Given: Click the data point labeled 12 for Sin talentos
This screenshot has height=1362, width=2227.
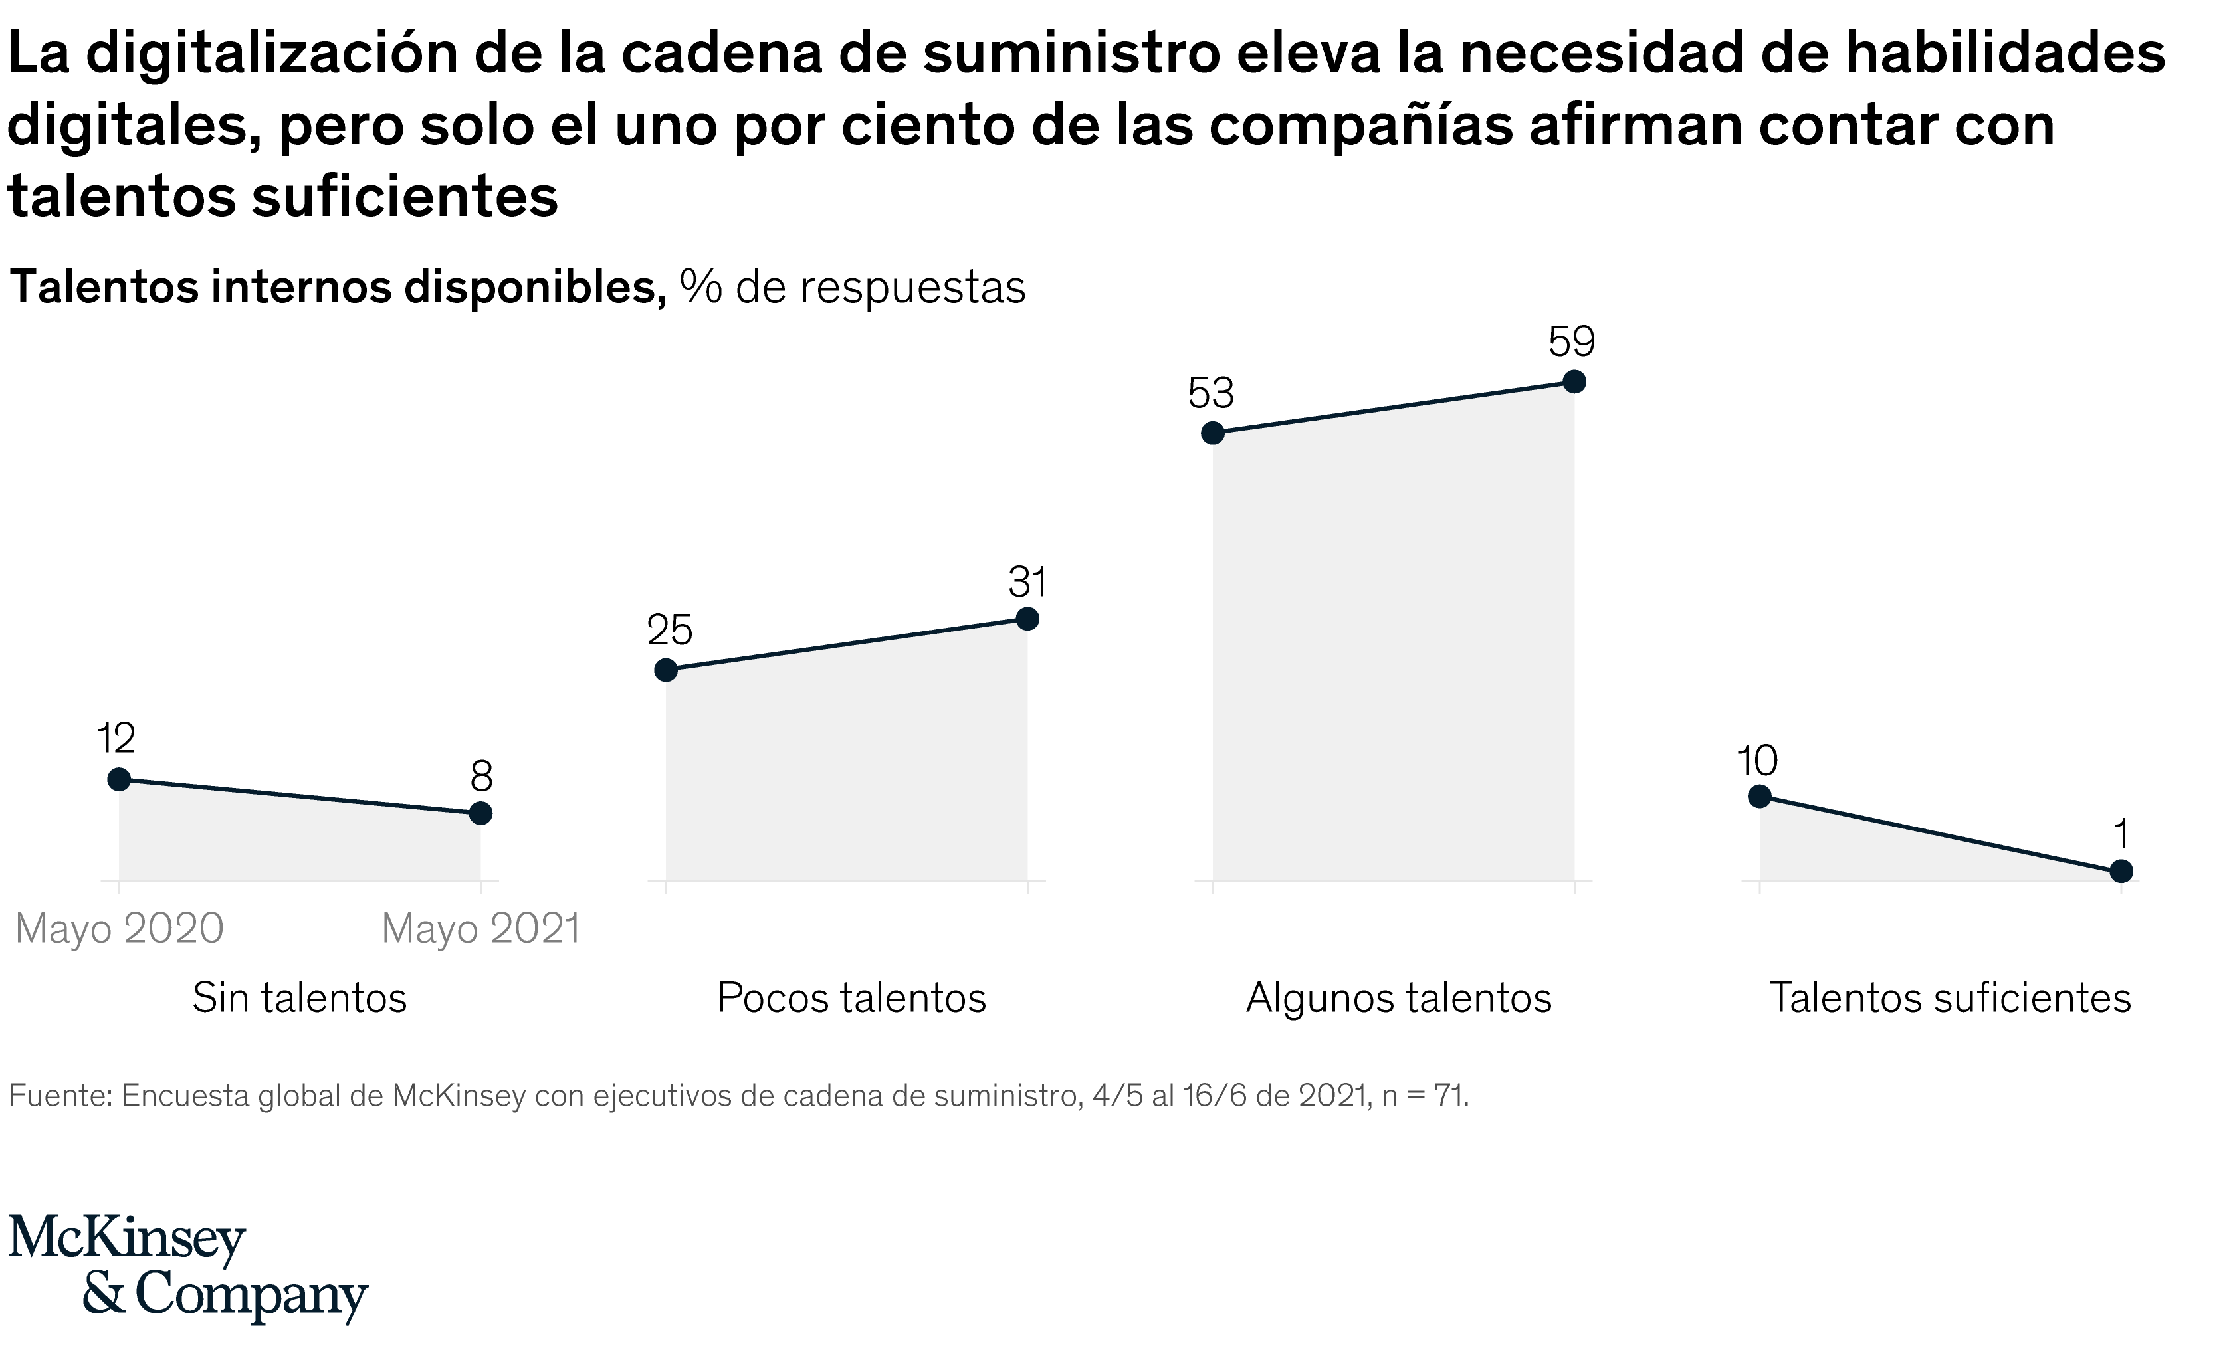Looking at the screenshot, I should [x=118, y=780].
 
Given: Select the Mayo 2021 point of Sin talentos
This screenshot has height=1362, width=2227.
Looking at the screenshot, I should [x=481, y=813].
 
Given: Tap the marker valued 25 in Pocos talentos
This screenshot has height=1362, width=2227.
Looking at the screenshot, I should [x=666, y=670].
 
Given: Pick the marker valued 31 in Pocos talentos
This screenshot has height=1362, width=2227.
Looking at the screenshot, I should [x=1027, y=619].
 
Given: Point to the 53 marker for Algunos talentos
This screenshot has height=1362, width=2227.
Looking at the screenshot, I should [x=1213, y=434].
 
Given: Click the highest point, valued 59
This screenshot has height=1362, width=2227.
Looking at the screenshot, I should [x=1574, y=382].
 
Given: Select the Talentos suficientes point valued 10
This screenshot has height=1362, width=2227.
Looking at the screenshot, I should [x=1760, y=796].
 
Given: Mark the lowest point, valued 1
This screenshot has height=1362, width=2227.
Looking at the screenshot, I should [x=2121, y=871].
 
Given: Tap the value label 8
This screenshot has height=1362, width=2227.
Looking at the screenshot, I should [x=481, y=777].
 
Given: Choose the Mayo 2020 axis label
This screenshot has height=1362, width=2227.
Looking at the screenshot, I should [x=120, y=929].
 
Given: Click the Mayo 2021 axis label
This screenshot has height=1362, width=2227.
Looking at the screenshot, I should [x=481, y=929].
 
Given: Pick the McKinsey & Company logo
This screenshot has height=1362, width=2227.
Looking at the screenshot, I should [x=188, y=1268].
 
